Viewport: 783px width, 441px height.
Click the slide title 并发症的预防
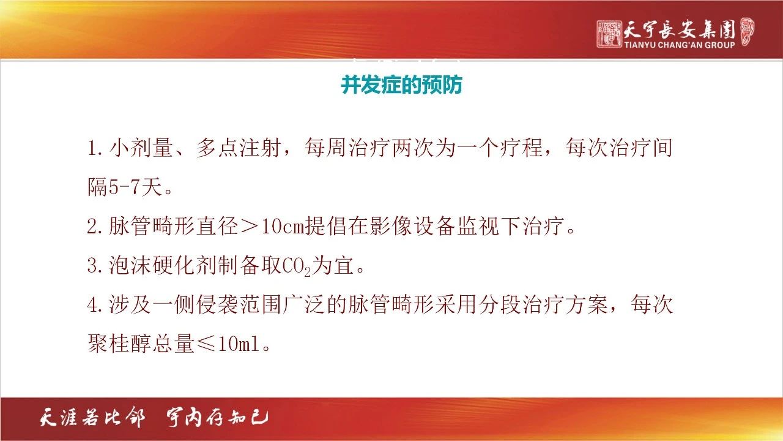[402, 85]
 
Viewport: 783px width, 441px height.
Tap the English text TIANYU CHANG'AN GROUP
[680, 45]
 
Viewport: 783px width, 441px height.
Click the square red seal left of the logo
[609, 34]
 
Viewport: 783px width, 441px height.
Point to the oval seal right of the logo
[747, 31]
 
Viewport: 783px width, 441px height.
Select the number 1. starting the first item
[95, 148]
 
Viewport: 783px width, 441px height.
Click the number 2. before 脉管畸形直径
[95, 227]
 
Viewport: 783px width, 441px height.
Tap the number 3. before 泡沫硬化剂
[95, 266]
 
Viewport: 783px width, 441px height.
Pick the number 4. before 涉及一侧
[95, 305]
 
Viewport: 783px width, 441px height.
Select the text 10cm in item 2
[283, 227]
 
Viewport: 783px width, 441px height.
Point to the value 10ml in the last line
[239, 344]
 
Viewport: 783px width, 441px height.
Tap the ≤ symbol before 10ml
[207, 344]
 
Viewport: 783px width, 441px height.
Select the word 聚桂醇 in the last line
[120, 344]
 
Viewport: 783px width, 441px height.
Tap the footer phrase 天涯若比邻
[92, 418]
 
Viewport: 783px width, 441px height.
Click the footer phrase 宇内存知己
[217, 418]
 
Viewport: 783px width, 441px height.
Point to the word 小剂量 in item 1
[141, 148]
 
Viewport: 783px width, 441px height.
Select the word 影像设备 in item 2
[392, 227]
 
